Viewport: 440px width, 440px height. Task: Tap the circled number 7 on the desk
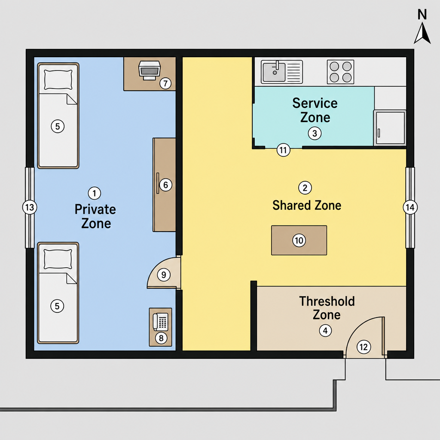[165, 83]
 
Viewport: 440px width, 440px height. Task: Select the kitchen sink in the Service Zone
[282, 72]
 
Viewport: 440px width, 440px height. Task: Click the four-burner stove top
[340, 72]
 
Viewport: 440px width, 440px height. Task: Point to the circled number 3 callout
[315, 133]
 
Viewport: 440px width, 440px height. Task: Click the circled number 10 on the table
[299, 240]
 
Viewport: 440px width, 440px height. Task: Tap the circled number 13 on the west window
[30, 208]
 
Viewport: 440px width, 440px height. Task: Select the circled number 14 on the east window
[410, 208]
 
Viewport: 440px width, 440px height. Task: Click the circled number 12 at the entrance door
[364, 347]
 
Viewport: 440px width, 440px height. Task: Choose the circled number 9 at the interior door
[164, 275]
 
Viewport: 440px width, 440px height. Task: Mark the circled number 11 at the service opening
[284, 150]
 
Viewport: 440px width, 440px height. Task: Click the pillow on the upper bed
[58, 79]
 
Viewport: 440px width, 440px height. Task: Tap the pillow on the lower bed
[58, 259]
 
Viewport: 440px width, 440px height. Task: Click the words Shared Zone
[307, 205]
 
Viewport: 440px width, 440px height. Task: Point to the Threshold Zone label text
[327, 308]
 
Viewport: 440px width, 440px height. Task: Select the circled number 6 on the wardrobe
[165, 185]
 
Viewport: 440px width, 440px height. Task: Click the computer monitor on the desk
[149, 70]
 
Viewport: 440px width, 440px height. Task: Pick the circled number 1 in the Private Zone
[94, 193]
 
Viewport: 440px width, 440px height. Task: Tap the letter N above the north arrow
[422, 15]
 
